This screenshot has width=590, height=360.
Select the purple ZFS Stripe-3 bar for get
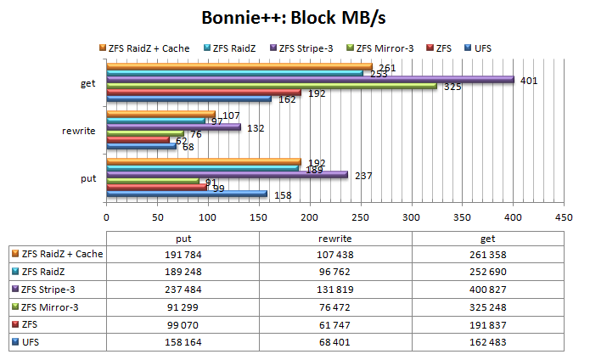point(310,80)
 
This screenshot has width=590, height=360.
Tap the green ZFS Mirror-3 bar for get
point(272,86)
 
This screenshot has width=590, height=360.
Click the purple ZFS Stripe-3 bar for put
point(227,174)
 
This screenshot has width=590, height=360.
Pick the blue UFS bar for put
point(187,194)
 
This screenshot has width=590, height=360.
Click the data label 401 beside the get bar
point(529,81)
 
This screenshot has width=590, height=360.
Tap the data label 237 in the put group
point(362,175)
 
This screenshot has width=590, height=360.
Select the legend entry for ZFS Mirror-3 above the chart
point(383,48)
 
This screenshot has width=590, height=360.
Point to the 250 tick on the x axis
point(360,217)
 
